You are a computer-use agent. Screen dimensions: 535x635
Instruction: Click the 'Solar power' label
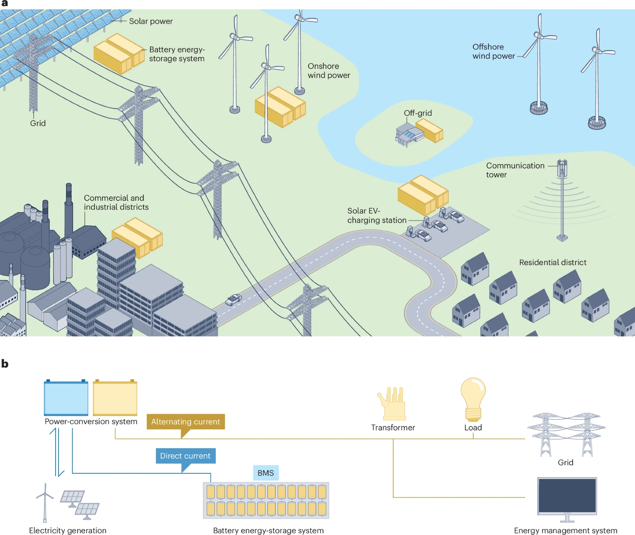tap(151, 21)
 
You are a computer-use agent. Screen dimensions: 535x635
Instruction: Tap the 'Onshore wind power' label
tap(329, 71)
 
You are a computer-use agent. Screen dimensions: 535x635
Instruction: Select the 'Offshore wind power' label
tap(493, 51)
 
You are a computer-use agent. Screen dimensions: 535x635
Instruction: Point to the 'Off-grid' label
tap(418, 113)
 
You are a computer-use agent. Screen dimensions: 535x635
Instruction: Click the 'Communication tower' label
tap(515, 170)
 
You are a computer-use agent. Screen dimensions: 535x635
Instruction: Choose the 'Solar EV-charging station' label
tap(377, 215)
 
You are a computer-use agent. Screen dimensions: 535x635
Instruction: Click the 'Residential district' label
tap(552, 262)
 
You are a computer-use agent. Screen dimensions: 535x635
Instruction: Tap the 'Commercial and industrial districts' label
tap(116, 202)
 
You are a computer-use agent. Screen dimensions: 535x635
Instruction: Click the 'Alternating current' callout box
tap(185, 421)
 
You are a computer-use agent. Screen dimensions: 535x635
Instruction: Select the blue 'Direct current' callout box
tap(185, 456)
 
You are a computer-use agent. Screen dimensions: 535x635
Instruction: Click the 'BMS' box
tap(266, 473)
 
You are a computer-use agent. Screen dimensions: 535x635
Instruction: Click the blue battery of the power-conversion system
tap(66, 398)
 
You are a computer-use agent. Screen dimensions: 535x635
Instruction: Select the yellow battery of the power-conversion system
tap(115, 398)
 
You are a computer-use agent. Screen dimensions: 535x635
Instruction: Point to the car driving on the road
tap(233, 299)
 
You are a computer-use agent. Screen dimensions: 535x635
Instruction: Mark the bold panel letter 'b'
tap(5, 363)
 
